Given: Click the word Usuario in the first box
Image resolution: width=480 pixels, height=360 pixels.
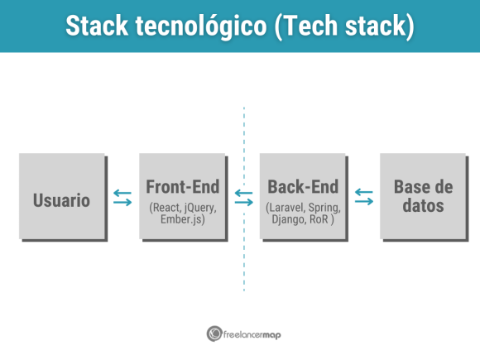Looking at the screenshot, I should [x=61, y=199].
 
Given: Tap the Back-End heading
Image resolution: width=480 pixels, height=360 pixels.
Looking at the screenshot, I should [x=301, y=185].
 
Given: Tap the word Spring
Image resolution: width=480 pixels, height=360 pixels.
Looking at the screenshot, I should [x=323, y=207].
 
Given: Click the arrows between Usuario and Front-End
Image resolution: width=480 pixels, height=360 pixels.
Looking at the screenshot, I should [x=122, y=197].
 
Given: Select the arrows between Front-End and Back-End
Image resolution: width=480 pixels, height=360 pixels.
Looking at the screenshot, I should [x=243, y=197].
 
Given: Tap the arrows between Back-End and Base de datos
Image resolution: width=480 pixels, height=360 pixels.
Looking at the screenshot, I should [x=363, y=197].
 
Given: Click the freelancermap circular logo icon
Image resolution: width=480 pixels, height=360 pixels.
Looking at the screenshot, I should [x=214, y=333].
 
